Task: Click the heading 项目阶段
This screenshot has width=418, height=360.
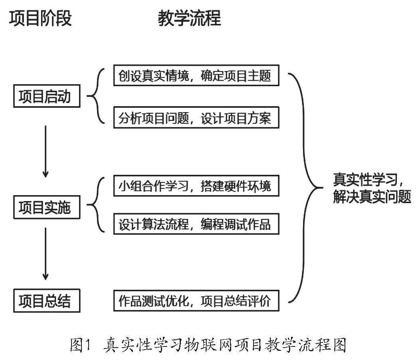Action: [x=40, y=18]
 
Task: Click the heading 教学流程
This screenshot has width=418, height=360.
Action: [x=190, y=18]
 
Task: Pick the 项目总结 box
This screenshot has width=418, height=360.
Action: [x=47, y=301]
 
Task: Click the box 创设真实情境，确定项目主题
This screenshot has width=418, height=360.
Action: [x=196, y=75]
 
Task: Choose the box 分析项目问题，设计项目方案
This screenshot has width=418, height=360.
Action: [x=196, y=117]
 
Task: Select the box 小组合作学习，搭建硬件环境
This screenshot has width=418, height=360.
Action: [x=196, y=186]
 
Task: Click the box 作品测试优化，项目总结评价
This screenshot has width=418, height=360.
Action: [x=196, y=301]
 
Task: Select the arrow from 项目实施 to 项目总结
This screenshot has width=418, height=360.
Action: [x=46, y=253]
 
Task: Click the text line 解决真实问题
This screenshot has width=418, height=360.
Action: [x=372, y=197]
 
